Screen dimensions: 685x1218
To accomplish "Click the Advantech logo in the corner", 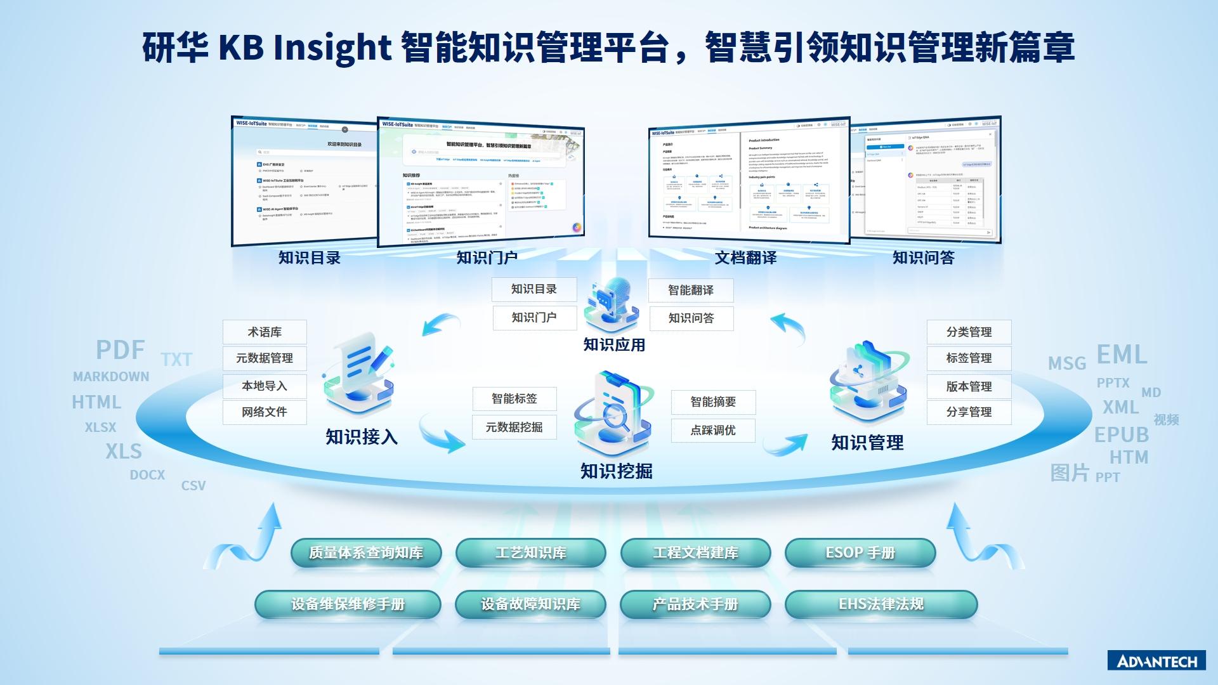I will [1156, 661].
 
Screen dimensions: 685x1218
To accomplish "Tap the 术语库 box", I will [265, 332].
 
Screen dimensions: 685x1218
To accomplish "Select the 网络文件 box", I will [265, 412].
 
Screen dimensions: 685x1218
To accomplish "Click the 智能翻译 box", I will [691, 290].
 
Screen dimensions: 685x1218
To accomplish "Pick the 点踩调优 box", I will [713, 431].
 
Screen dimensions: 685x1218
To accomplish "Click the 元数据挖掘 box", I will [514, 427].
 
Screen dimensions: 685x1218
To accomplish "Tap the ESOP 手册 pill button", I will [860, 553].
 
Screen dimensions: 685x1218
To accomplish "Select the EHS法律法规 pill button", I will [881, 604].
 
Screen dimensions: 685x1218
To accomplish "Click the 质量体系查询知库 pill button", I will [366, 553].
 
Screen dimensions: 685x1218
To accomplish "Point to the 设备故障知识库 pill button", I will [530, 604].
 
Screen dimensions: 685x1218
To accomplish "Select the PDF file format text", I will [121, 350].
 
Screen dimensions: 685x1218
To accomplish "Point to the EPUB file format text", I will [1122, 435].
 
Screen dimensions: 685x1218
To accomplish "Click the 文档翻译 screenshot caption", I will [745, 258].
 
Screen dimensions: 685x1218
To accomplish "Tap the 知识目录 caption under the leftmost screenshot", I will [310, 258].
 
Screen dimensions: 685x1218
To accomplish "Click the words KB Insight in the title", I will [304, 48].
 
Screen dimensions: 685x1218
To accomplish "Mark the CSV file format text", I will [193, 486].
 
